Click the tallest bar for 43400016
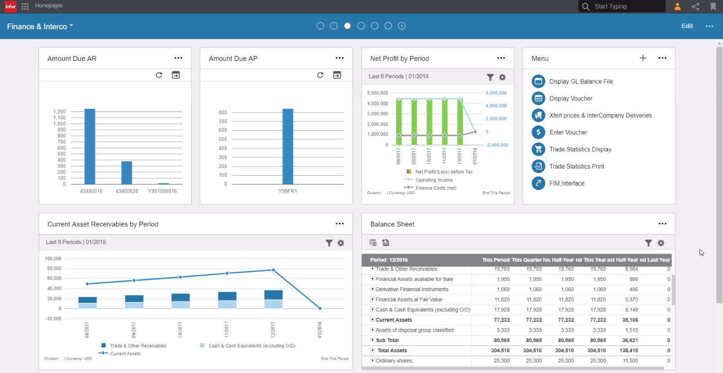pyautogui.click(x=90, y=147)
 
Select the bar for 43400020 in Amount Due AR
pyautogui.click(x=127, y=173)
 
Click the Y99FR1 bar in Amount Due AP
pyautogui.click(x=288, y=147)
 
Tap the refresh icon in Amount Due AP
pyautogui.click(x=320, y=75)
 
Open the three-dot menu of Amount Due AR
pyautogui.click(x=179, y=58)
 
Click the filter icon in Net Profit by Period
pyautogui.click(x=490, y=77)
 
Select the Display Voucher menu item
pyautogui.click(x=571, y=98)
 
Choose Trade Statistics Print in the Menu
pyautogui.click(x=576, y=166)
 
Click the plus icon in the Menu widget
pyautogui.click(x=643, y=58)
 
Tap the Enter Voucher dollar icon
pyautogui.click(x=538, y=132)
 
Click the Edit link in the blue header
pyautogui.click(x=687, y=26)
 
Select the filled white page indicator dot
pyautogui.click(x=348, y=26)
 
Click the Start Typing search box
pyautogui.click(x=627, y=6)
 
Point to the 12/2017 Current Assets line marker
pyautogui.click(x=273, y=270)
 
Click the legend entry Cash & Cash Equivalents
pyautogui.click(x=252, y=346)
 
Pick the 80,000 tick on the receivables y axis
pyautogui.click(x=54, y=268)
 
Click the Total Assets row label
pyautogui.click(x=392, y=351)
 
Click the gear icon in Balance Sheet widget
pyautogui.click(x=661, y=243)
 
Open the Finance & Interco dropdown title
pyautogui.click(x=40, y=27)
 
